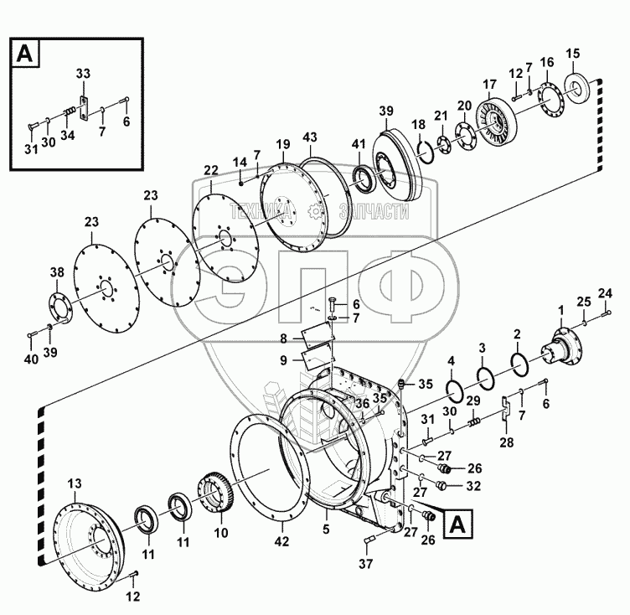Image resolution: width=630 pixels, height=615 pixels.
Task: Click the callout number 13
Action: [75, 483]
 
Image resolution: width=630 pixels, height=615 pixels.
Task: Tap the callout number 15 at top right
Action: [573, 54]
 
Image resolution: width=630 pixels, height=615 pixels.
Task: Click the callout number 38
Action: [56, 272]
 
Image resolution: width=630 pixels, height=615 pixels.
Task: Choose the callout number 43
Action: [311, 137]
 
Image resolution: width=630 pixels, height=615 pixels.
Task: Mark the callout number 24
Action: [605, 292]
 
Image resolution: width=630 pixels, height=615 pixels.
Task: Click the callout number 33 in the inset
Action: [82, 75]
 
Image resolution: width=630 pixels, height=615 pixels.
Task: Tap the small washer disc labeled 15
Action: [577, 89]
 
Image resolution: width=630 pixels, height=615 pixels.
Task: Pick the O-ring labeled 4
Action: [455, 391]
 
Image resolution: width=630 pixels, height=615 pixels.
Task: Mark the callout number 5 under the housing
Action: [326, 529]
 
